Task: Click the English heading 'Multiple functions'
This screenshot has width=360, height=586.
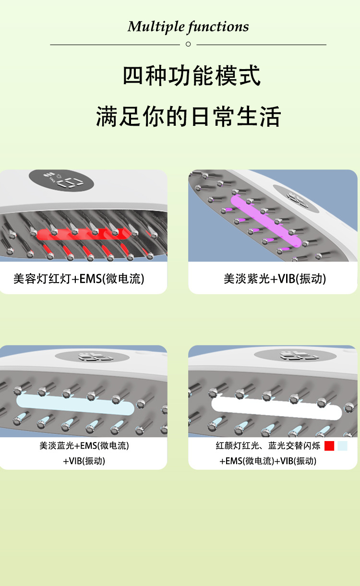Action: pos(188,27)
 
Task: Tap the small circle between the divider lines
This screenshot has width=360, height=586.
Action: pos(188,44)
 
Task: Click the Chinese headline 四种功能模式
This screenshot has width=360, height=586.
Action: pos(192,76)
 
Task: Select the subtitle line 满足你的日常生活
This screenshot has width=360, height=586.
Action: pos(188,117)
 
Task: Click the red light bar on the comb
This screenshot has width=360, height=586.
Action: pos(83,234)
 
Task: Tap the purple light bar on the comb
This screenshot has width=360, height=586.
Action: pos(265,221)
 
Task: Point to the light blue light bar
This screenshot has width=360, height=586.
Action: pos(75,405)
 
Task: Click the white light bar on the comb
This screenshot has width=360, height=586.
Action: pos(276,408)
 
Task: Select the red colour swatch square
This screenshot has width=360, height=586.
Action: pos(329,446)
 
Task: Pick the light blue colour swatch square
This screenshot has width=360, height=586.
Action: pos(342,446)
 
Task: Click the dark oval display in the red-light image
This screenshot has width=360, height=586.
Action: pos(61,180)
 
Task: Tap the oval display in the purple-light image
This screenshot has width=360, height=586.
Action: pos(296,199)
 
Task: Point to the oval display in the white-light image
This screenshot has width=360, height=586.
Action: pos(295,356)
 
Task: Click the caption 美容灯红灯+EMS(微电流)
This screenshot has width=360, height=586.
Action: pos(79,279)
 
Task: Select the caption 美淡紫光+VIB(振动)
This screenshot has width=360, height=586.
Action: pos(275,279)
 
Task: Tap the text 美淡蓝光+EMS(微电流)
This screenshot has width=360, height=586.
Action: pos(84,445)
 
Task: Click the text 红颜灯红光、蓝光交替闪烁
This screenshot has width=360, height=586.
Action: pos(268,445)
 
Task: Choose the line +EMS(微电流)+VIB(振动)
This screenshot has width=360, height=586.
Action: pos(268,461)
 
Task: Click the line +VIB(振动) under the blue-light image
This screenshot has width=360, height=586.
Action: pos(84,461)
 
